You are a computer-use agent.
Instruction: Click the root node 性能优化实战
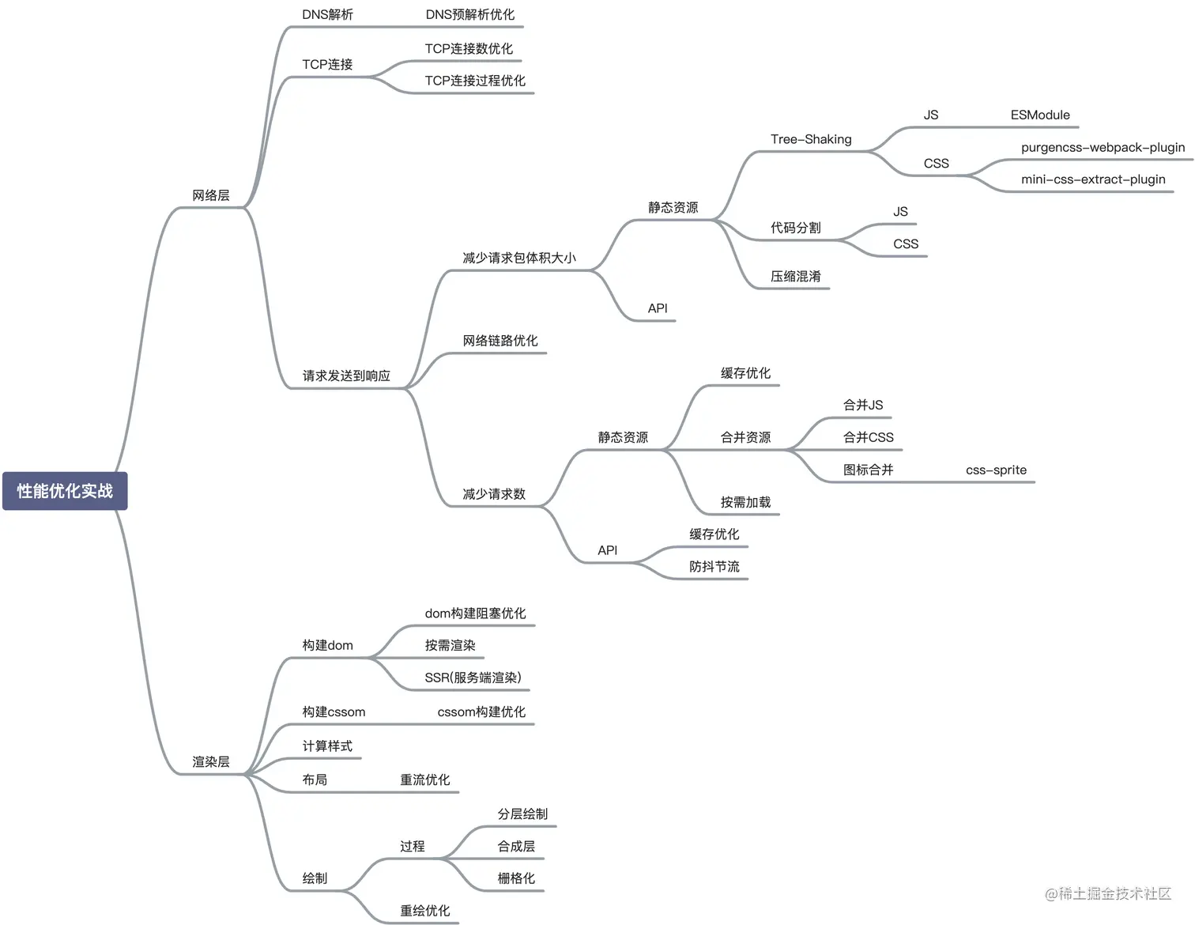pos(65,491)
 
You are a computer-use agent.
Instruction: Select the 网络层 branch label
pos(211,195)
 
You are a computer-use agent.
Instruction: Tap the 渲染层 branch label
pos(211,762)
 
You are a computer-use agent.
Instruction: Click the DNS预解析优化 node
pos(469,14)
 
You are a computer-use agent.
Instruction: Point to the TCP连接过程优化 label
pos(475,81)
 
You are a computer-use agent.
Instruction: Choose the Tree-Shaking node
pos(811,139)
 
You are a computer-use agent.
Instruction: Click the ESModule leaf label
pos(1040,115)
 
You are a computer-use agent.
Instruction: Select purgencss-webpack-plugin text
pos(1103,147)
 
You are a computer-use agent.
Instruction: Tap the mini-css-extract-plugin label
pos(1093,179)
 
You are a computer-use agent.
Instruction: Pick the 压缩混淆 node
pos(796,277)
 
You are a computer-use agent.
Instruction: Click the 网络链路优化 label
pos(500,341)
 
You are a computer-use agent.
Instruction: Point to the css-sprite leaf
pos(996,470)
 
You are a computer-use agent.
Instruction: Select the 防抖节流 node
pos(714,567)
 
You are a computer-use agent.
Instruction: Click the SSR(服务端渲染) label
pos(473,678)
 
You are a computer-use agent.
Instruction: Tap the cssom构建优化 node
pos(481,712)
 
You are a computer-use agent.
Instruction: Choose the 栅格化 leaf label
pos(516,878)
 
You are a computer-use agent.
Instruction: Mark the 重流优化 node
pos(425,780)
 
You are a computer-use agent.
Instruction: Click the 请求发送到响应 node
pos(346,376)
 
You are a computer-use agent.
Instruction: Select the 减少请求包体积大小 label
pos(519,258)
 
